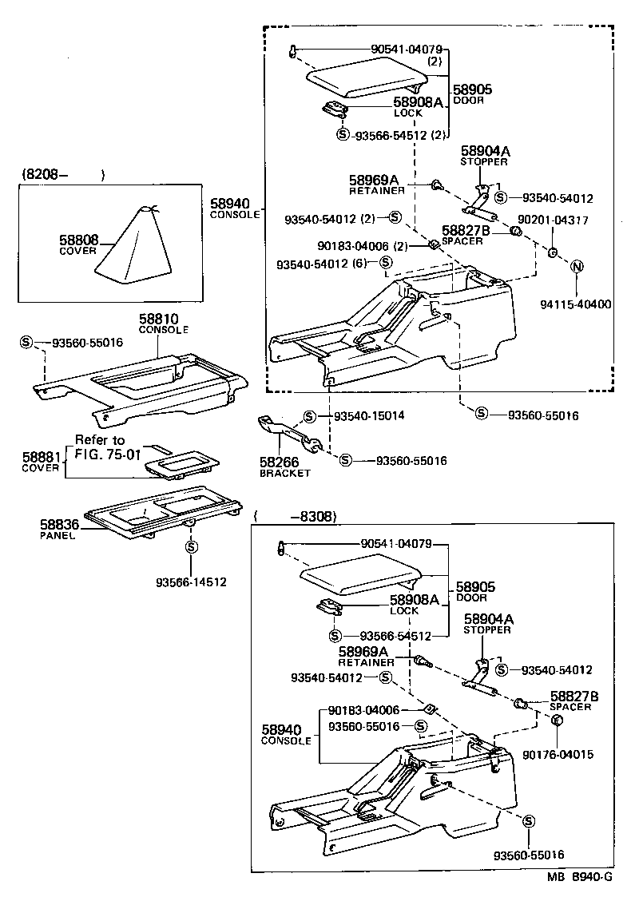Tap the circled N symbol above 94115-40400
577,267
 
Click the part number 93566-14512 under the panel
191,582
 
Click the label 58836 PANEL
58,530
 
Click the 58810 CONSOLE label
164,324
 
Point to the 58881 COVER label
42,462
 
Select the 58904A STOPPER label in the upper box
485,156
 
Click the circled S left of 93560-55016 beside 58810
26,342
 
